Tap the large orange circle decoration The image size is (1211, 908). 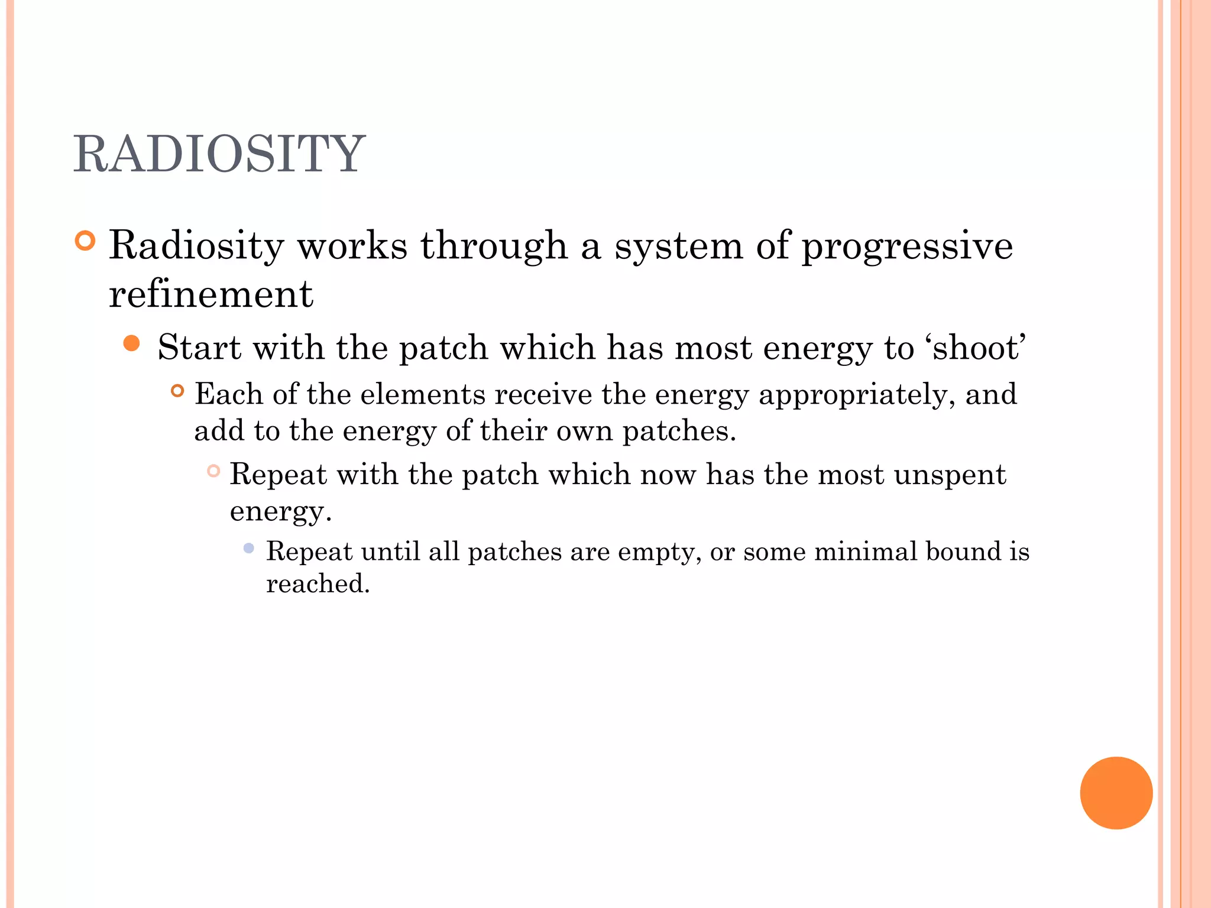tap(1116, 793)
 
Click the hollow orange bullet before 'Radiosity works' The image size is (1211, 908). tap(86, 241)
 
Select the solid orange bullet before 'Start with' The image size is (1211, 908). tap(132, 343)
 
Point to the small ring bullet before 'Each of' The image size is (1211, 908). tap(177, 391)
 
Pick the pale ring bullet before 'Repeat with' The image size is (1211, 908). tap(213, 471)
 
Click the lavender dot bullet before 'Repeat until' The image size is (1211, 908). tap(249, 549)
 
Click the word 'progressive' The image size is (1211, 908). tap(906, 246)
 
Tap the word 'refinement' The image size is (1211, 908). tap(211, 294)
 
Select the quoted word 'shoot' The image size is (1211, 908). tap(979, 348)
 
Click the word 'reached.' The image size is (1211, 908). tap(318, 584)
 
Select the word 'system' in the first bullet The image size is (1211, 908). tap(678, 246)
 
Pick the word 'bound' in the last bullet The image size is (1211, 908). tap(963, 552)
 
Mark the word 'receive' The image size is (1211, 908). tap(543, 394)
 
